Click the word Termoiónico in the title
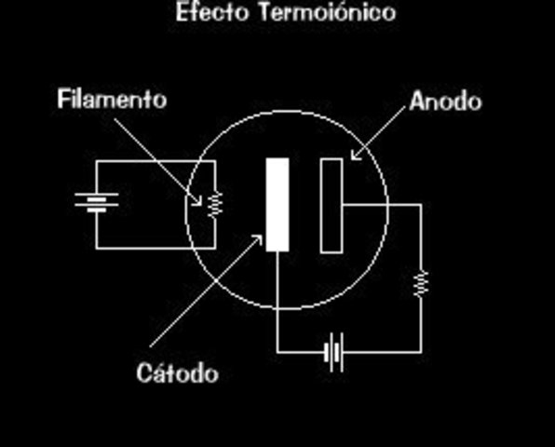point(320,13)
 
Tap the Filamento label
point(112,99)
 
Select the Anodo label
point(445,101)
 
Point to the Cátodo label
point(177,373)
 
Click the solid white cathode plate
point(277,205)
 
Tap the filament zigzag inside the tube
point(215,203)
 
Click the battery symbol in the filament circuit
point(97,202)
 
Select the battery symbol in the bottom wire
point(334,352)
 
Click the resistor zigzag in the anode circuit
point(420,282)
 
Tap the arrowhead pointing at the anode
point(353,156)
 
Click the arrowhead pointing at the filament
point(199,199)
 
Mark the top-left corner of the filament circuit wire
point(97,161)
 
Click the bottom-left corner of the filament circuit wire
point(97,249)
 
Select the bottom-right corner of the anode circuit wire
point(420,352)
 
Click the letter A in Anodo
point(416,101)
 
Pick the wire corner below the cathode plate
point(277,352)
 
